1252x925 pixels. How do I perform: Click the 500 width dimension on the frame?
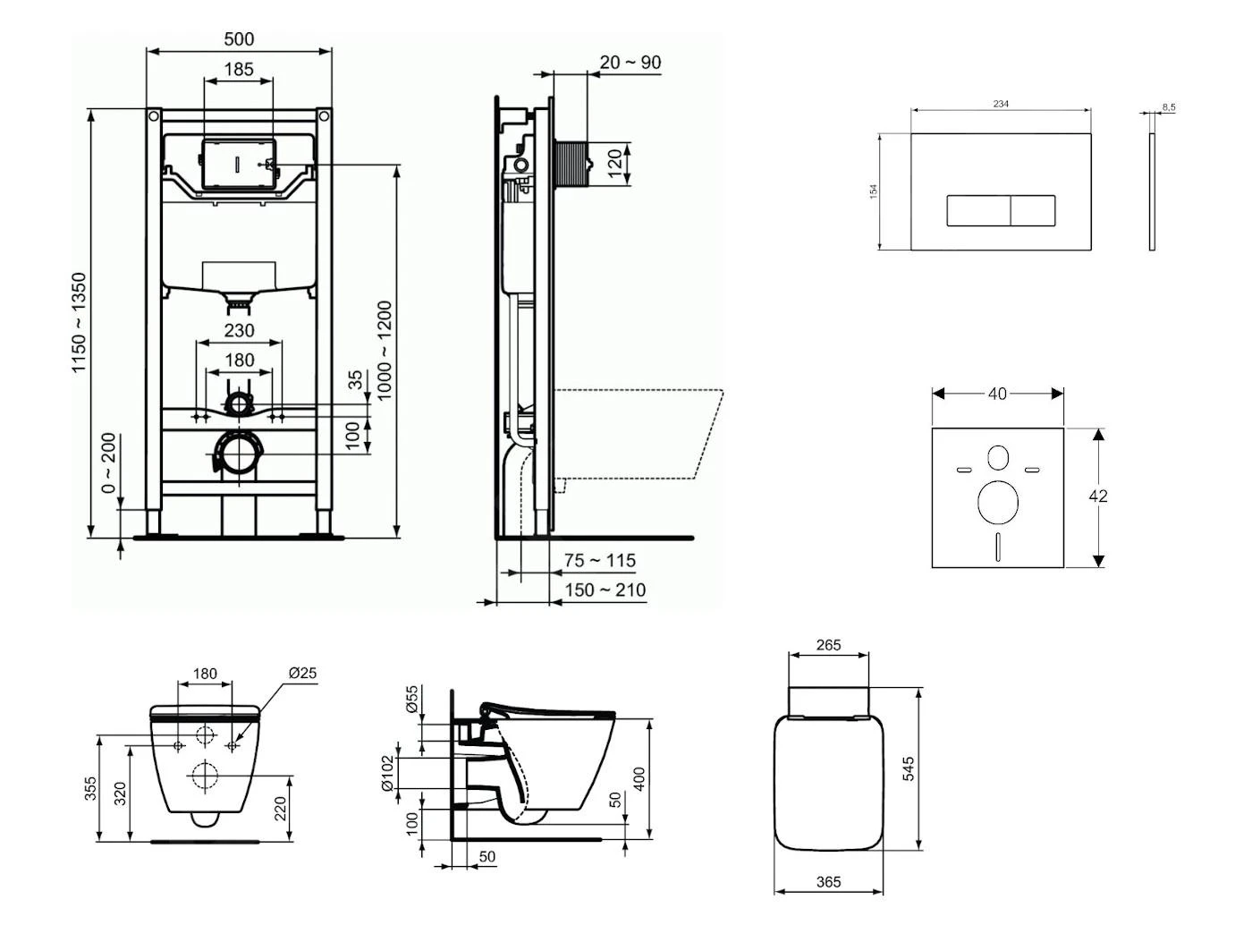239,39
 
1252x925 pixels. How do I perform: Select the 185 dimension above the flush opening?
239,69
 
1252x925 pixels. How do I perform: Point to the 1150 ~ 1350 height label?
80,323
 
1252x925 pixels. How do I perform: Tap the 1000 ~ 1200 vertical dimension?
385,351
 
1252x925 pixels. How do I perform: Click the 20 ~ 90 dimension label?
630,63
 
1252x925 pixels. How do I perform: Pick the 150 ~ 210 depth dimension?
605,590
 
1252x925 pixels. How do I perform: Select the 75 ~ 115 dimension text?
600,561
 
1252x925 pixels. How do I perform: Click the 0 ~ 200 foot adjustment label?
108,463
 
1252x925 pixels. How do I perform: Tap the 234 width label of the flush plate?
1001,104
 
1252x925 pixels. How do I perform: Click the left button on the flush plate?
978,211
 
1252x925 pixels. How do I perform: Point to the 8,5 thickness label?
1169,107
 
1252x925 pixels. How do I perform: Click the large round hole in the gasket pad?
997,503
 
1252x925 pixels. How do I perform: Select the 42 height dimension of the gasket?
1098,496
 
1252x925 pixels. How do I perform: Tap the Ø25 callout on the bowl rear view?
302,674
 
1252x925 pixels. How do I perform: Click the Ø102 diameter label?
387,774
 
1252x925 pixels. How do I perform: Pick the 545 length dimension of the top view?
909,769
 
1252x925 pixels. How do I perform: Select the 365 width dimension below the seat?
829,882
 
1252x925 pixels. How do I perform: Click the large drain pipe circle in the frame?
238,454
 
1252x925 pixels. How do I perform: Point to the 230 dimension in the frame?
239,330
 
